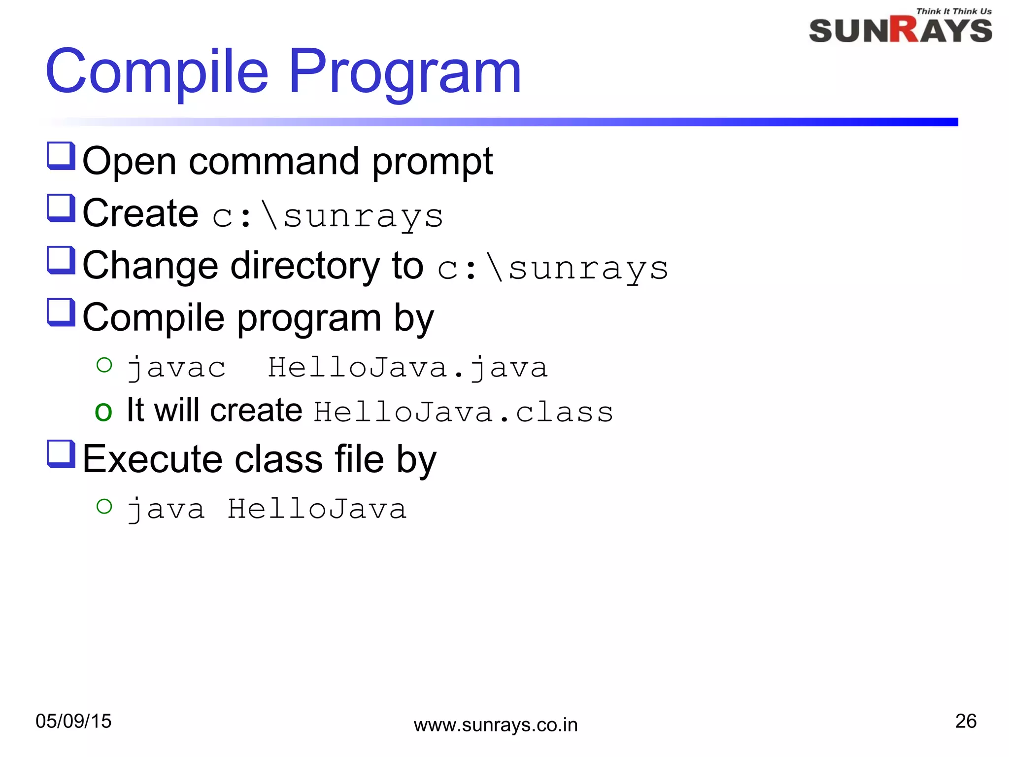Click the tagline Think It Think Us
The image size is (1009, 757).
tap(953, 11)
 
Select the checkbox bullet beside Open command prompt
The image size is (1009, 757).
tap(61, 156)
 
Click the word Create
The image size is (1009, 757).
tap(140, 213)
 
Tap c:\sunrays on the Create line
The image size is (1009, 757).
tap(328, 216)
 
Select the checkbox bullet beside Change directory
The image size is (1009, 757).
tap(61, 261)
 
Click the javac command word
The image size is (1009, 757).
tap(176, 368)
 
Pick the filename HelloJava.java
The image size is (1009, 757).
tap(407, 368)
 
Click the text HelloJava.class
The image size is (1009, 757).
tap(463, 412)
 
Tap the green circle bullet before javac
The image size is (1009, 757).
tap(104, 365)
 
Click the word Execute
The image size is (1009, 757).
tap(152, 459)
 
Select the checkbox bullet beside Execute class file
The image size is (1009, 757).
tap(61, 454)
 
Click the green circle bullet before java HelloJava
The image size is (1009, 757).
tap(104, 506)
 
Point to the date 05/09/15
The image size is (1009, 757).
tap(73, 721)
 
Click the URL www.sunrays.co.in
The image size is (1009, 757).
tap(495, 725)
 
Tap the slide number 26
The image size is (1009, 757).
tap(965, 721)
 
